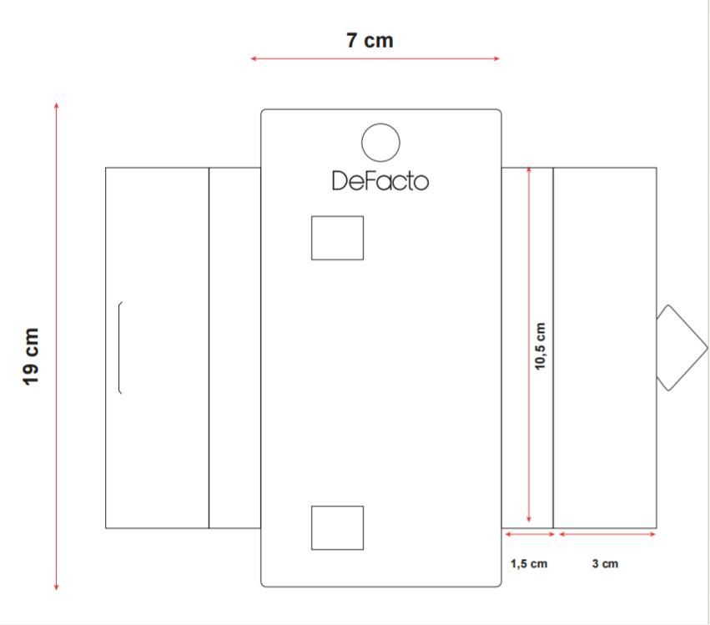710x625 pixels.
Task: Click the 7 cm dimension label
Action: pyautogui.click(x=370, y=40)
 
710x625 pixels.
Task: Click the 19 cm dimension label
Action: pyautogui.click(x=31, y=357)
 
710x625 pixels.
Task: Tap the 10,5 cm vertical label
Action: pyautogui.click(x=540, y=346)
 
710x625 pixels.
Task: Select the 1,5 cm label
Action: pyautogui.click(x=529, y=564)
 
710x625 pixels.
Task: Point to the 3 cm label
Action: pyautogui.click(x=605, y=564)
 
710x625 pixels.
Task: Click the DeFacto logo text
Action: pyautogui.click(x=380, y=181)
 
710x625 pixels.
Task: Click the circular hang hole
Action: pyautogui.click(x=380, y=123)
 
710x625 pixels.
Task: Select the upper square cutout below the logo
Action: pyautogui.click(x=337, y=216)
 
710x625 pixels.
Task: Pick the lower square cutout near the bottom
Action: pyautogui.click(x=337, y=507)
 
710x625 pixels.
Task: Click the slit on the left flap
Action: pyautogui.click(x=119, y=347)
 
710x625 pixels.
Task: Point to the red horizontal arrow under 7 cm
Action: pyautogui.click(x=375, y=58)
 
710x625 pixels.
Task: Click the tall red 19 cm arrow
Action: pyautogui.click(x=56, y=346)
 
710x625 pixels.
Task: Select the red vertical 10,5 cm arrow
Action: pyautogui.click(x=528, y=344)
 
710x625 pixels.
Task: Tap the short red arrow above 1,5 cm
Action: pyautogui.click(x=530, y=534)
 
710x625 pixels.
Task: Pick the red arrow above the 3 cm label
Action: pyautogui.click(x=607, y=534)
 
